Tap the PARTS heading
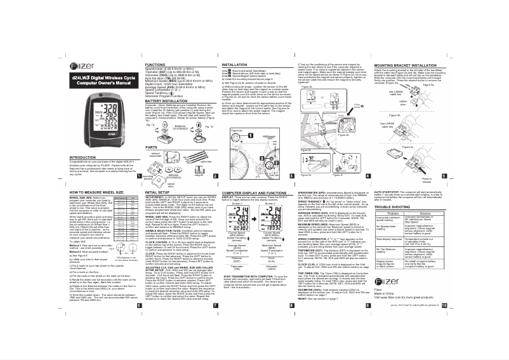click(x=151, y=146)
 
